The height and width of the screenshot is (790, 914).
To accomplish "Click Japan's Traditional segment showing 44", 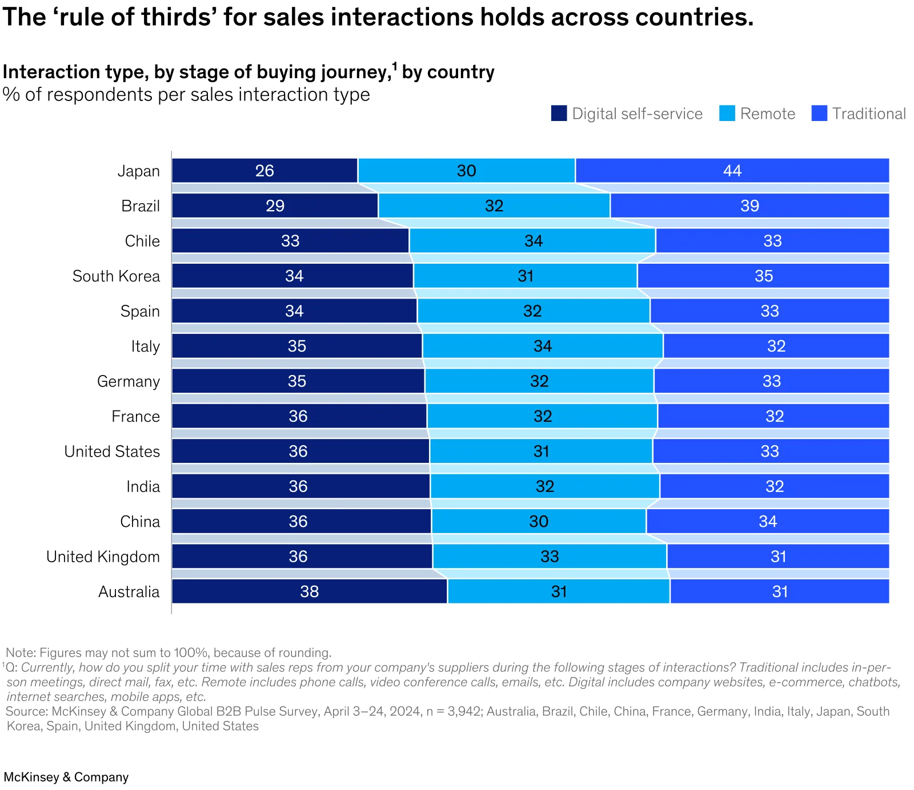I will (732, 171).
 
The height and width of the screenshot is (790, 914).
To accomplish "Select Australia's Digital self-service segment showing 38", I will (309, 591).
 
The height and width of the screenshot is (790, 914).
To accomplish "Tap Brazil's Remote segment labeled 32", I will (494, 205).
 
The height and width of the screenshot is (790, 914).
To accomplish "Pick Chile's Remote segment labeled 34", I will (532, 241).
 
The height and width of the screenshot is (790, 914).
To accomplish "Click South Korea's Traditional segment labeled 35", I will (763, 276).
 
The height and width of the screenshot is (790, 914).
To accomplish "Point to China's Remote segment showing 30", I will (539, 521).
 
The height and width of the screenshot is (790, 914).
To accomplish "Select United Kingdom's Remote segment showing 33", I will (550, 557).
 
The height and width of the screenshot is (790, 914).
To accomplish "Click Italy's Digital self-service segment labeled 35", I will (297, 346).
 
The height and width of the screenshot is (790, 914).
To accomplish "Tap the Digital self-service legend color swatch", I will (559, 113).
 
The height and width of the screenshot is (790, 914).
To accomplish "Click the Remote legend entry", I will (767, 114).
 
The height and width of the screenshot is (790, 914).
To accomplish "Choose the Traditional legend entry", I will (868, 114).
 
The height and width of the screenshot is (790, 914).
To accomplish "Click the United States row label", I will (112, 452).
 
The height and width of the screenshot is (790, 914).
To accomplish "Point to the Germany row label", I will (129, 381).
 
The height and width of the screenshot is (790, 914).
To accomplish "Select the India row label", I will (143, 486).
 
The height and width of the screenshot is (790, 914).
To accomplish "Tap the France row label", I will (135, 417).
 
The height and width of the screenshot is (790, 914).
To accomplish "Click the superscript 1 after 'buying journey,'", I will (394, 66).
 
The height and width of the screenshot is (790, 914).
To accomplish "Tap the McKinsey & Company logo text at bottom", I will (66, 777).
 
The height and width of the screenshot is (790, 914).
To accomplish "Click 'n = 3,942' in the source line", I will (454, 711).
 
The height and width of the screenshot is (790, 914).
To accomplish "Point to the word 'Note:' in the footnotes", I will (21, 652).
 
